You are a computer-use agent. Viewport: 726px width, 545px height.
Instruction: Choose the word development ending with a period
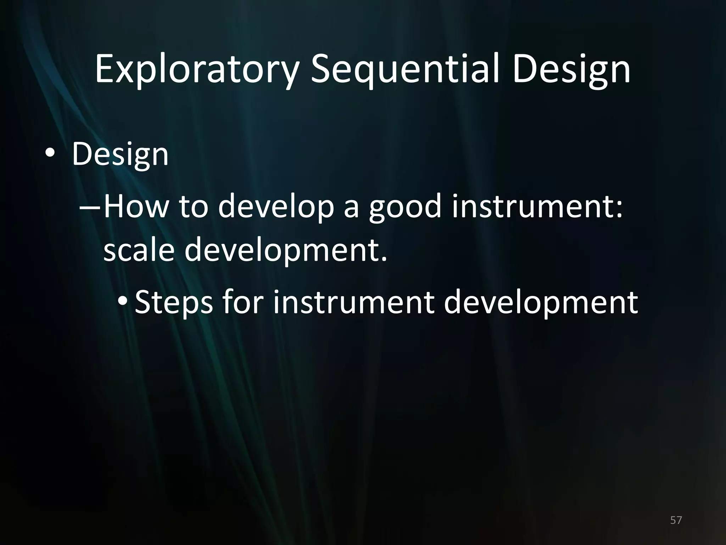pyautogui.click(x=286, y=251)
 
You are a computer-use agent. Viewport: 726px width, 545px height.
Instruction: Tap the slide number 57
pyautogui.click(x=676, y=520)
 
